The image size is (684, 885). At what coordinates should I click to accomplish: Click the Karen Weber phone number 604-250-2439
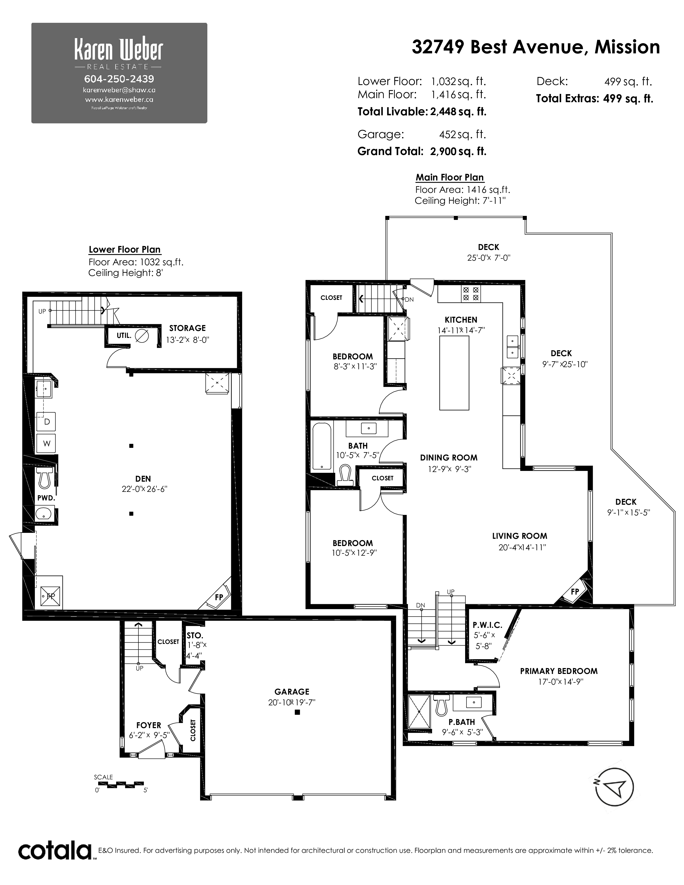[x=119, y=79]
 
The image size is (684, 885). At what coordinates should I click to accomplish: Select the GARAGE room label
[x=292, y=692]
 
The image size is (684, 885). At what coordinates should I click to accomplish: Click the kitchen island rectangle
[x=454, y=373]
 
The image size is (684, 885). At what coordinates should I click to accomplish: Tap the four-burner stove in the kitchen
[x=470, y=294]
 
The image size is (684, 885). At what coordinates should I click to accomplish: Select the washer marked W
[x=47, y=443]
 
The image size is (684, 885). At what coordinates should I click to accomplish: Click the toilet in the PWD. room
[x=44, y=477]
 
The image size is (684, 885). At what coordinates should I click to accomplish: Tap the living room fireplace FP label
[x=575, y=592]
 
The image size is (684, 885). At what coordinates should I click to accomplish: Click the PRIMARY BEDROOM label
[x=559, y=671]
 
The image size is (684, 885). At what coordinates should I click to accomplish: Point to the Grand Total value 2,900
[x=443, y=152]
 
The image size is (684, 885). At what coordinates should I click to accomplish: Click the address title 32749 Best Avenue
[x=498, y=47]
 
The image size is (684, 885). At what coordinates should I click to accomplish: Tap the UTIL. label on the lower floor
[x=124, y=335]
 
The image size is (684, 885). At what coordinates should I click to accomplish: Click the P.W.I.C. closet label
[x=487, y=625]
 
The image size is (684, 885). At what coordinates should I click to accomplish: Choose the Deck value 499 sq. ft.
[x=628, y=82]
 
